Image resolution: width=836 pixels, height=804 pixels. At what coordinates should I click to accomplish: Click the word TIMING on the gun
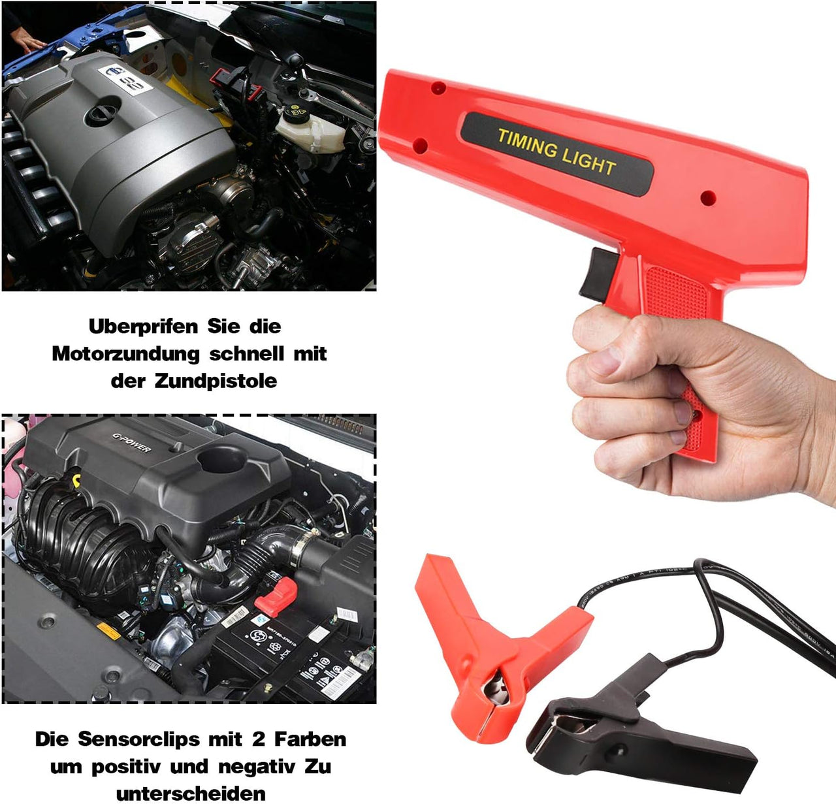coord(527,144)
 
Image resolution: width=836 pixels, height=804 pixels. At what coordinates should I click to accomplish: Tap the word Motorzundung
coord(125,353)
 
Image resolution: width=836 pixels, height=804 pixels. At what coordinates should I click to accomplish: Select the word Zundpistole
coord(216,381)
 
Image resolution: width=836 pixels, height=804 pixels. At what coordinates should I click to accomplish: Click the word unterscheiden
coord(191,793)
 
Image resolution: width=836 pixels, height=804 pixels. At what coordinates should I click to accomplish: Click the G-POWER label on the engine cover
coord(131,443)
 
